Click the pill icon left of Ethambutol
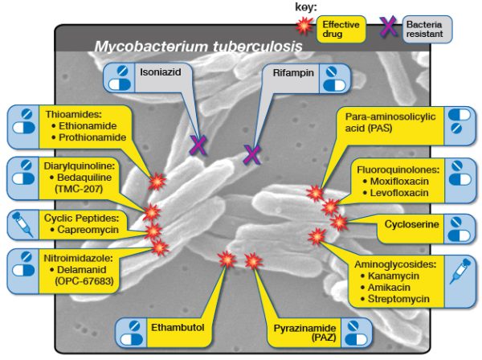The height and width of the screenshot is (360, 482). point(131,330)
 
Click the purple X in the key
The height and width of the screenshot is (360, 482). point(389,27)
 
